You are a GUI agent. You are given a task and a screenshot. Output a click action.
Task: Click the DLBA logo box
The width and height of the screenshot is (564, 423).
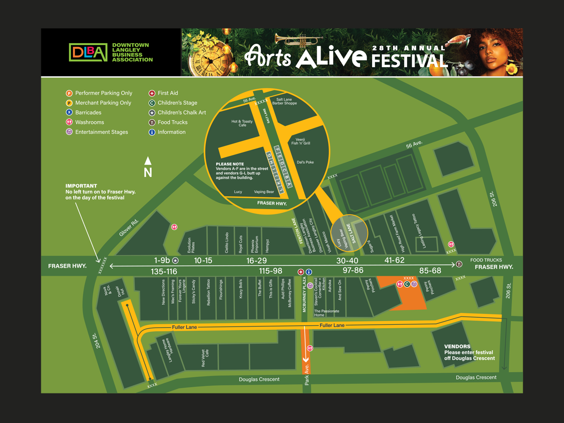(x=88, y=52)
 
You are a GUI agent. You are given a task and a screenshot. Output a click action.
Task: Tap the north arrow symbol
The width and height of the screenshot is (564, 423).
(x=148, y=167)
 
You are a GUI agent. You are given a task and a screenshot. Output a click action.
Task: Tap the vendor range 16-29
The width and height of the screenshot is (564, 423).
(x=256, y=261)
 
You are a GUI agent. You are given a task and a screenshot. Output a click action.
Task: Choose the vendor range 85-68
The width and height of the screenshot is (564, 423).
(x=430, y=270)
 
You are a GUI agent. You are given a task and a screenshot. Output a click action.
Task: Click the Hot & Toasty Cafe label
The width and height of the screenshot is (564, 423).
(x=242, y=123)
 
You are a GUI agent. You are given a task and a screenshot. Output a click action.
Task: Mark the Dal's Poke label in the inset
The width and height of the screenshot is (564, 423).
(x=305, y=162)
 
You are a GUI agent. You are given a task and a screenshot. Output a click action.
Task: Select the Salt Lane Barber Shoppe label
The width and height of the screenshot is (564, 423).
(x=287, y=102)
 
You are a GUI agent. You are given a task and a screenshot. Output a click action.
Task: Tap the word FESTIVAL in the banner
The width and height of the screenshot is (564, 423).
(x=409, y=61)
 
